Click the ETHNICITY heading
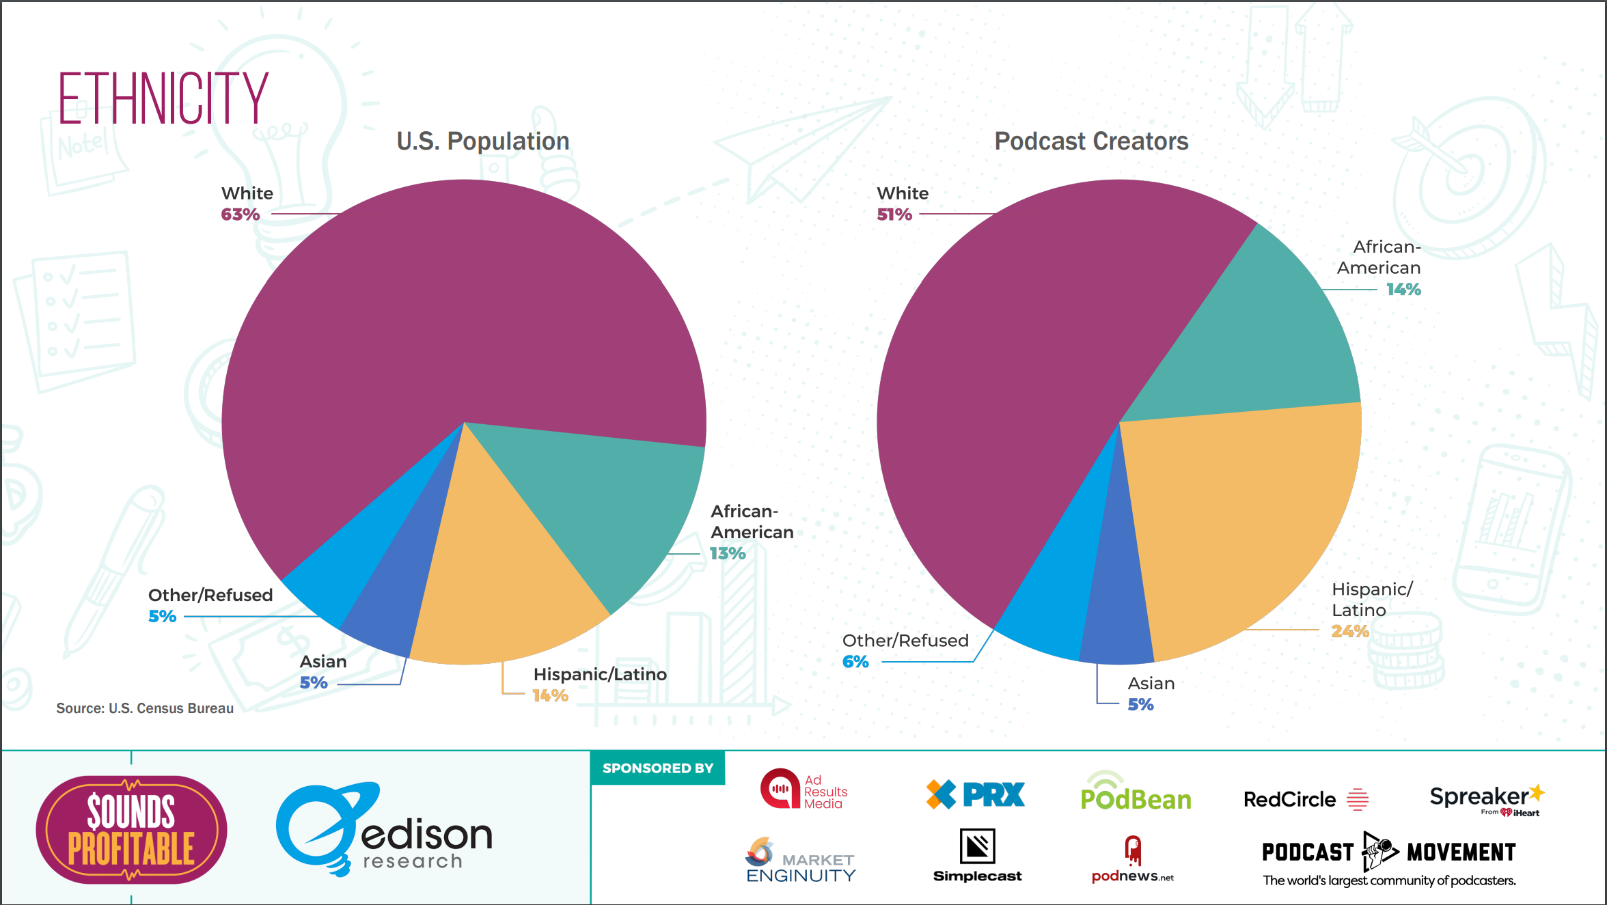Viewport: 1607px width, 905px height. (x=163, y=99)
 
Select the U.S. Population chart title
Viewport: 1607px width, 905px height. (x=482, y=141)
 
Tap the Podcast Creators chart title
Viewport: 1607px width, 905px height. (x=1090, y=141)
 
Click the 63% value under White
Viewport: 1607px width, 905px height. (x=240, y=214)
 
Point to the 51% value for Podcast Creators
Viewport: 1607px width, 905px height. (x=894, y=214)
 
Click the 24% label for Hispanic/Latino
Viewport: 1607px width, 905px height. (x=1349, y=631)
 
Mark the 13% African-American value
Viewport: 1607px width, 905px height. (x=727, y=553)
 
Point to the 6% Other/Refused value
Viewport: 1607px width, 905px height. (x=855, y=662)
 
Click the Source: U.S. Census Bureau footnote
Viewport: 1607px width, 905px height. (x=145, y=708)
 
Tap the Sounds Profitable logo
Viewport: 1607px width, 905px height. (x=131, y=829)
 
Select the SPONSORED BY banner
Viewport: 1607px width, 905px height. (x=657, y=768)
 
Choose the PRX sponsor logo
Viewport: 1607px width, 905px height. (x=975, y=794)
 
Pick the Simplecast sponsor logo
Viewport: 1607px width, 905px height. (x=977, y=855)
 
